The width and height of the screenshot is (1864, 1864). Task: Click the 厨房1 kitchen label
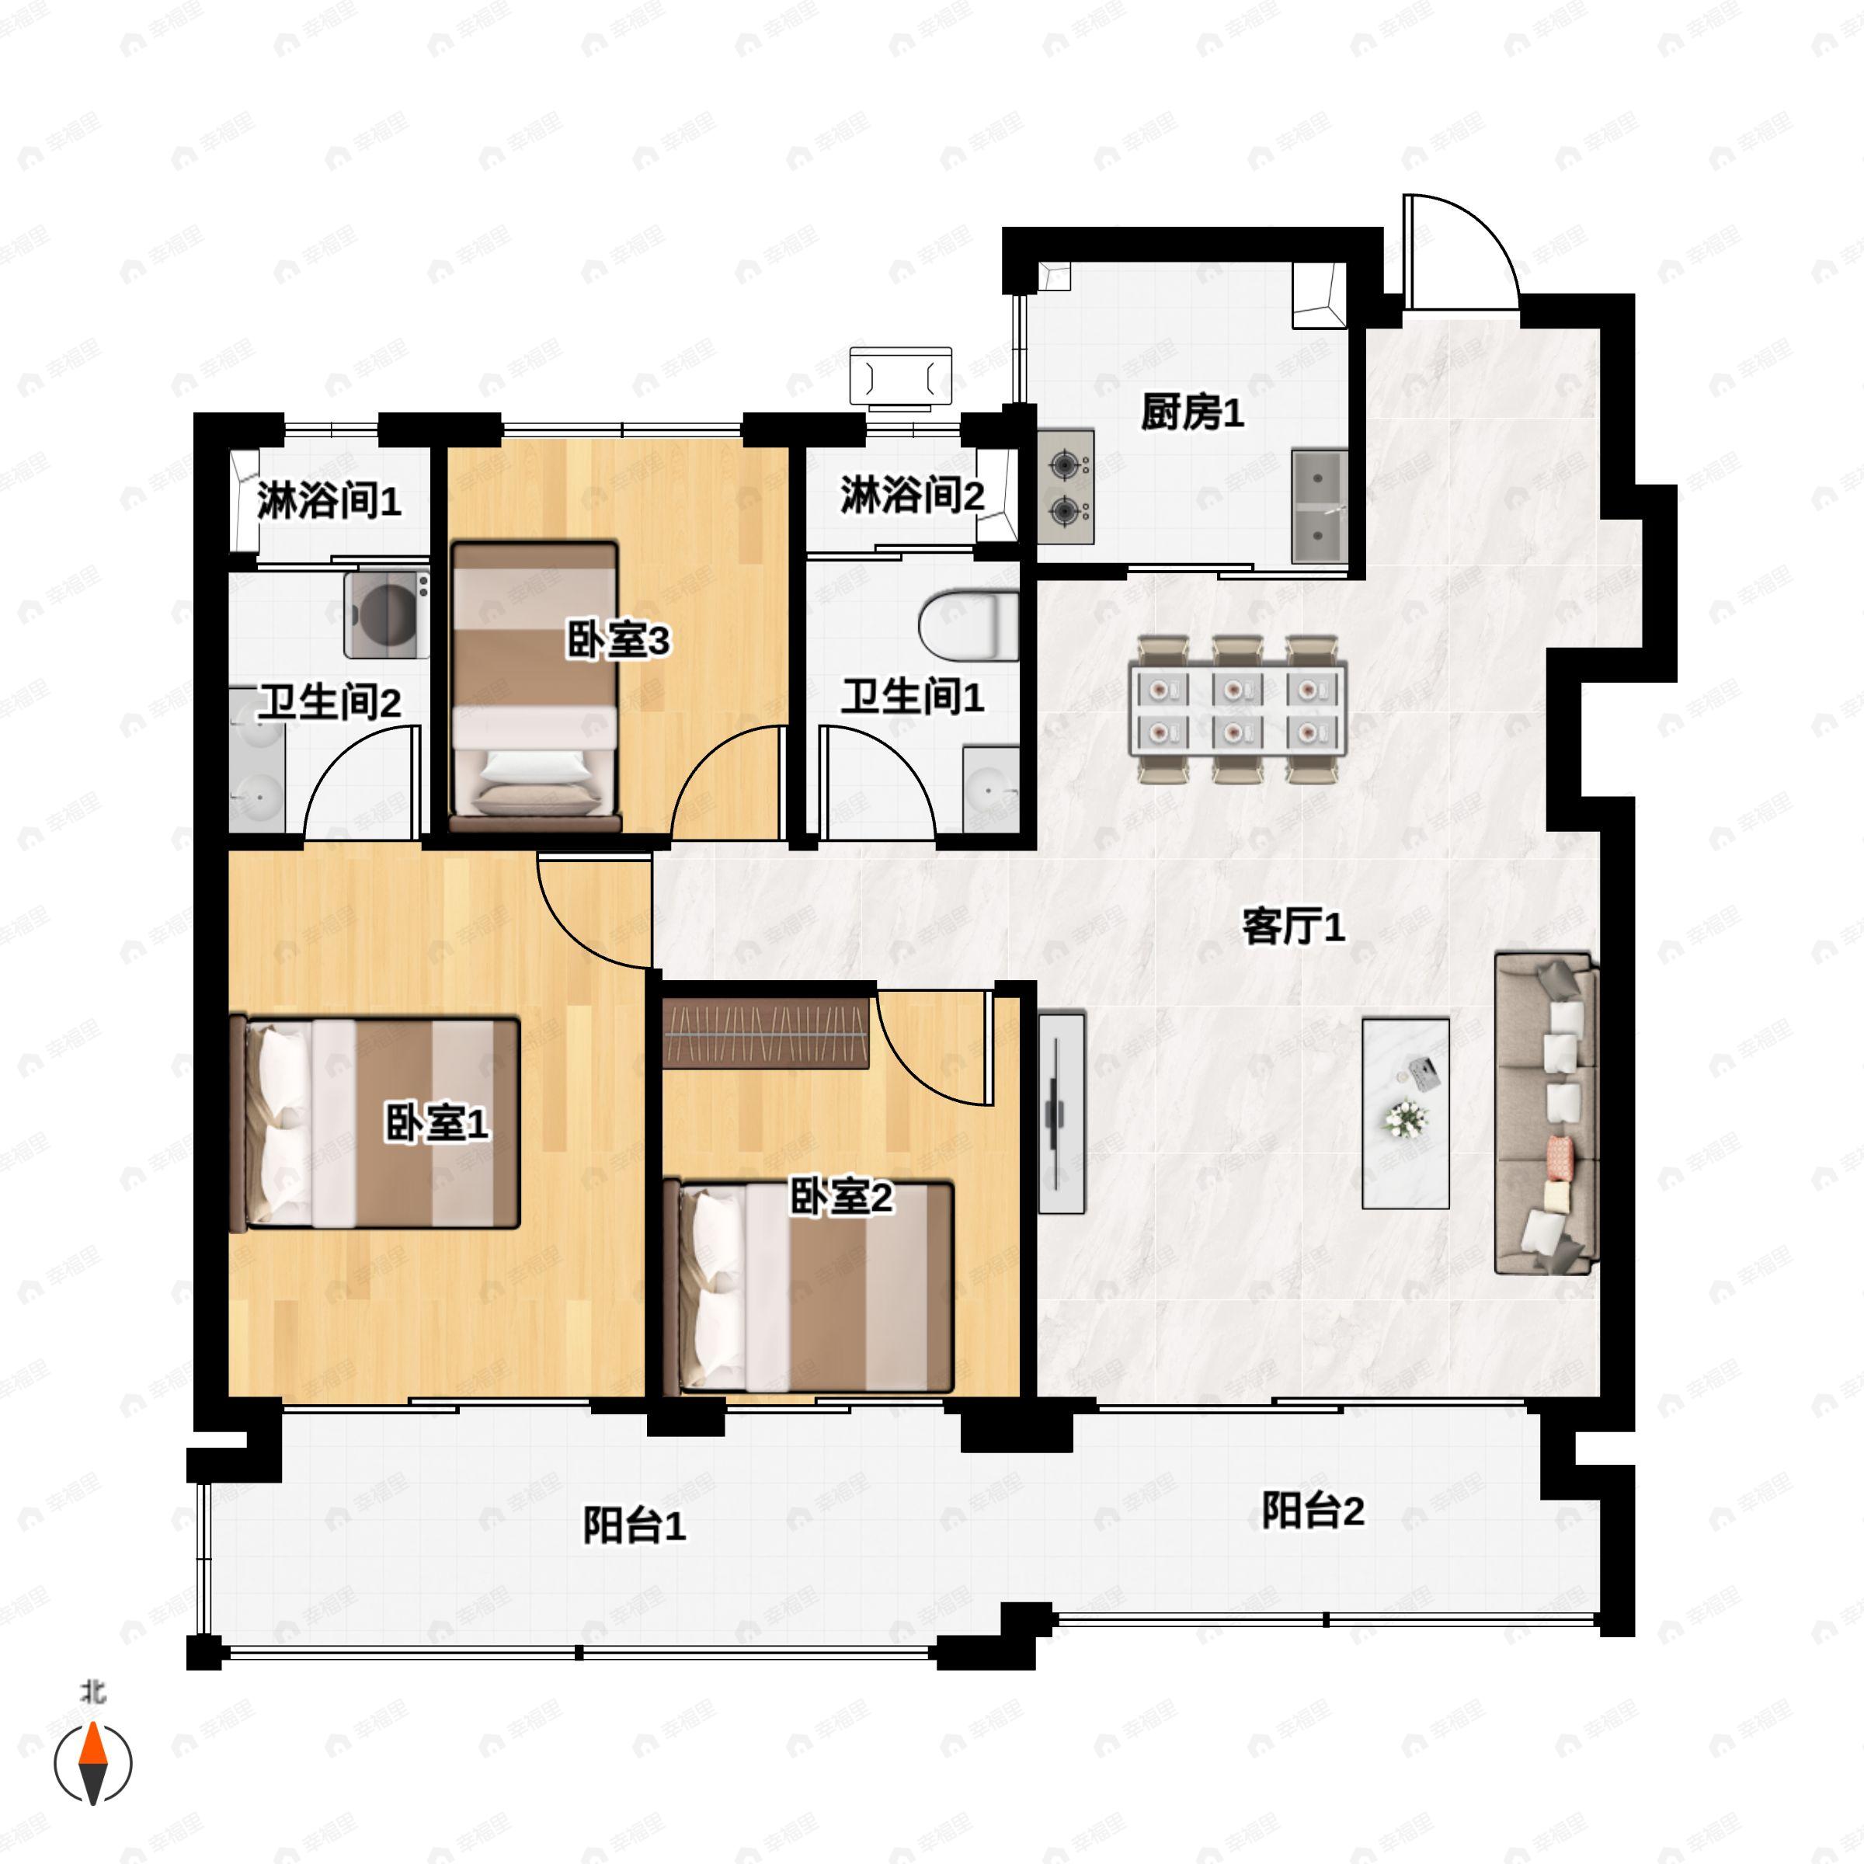coord(1191,413)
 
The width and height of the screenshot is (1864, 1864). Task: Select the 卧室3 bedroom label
coord(617,641)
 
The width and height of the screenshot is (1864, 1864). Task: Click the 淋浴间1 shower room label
coord(328,502)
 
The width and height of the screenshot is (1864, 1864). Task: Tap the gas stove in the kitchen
coord(1066,487)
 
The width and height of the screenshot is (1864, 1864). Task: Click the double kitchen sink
coord(1319,506)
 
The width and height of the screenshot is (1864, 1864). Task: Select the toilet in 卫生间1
coord(968,624)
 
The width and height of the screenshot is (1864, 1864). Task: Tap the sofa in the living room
coord(1544,1115)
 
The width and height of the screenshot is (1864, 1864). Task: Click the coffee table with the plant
coord(1406,1114)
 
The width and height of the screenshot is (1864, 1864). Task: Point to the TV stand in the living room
coord(1061,1112)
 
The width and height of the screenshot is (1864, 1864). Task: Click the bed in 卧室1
coord(376,1122)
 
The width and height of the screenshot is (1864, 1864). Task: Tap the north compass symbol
coord(92,1761)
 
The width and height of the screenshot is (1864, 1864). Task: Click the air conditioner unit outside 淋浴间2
coord(900,375)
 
